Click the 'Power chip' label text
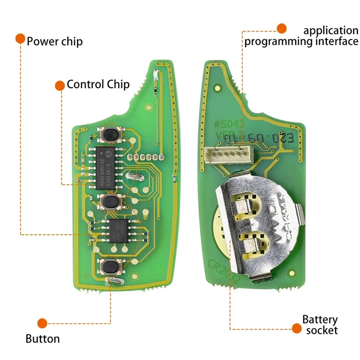coord(55,41)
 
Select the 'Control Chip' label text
coord(98,84)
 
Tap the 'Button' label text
coord(43,338)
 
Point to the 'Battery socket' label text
coord(320,325)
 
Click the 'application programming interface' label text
coord(301,36)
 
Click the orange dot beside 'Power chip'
coord(20,38)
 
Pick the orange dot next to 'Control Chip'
coord(59,85)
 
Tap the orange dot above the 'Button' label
coord(42,323)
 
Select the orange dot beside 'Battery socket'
coord(296,329)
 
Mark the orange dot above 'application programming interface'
coord(281,29)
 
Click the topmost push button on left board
coord(110,134)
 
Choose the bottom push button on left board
coord(110,267)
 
